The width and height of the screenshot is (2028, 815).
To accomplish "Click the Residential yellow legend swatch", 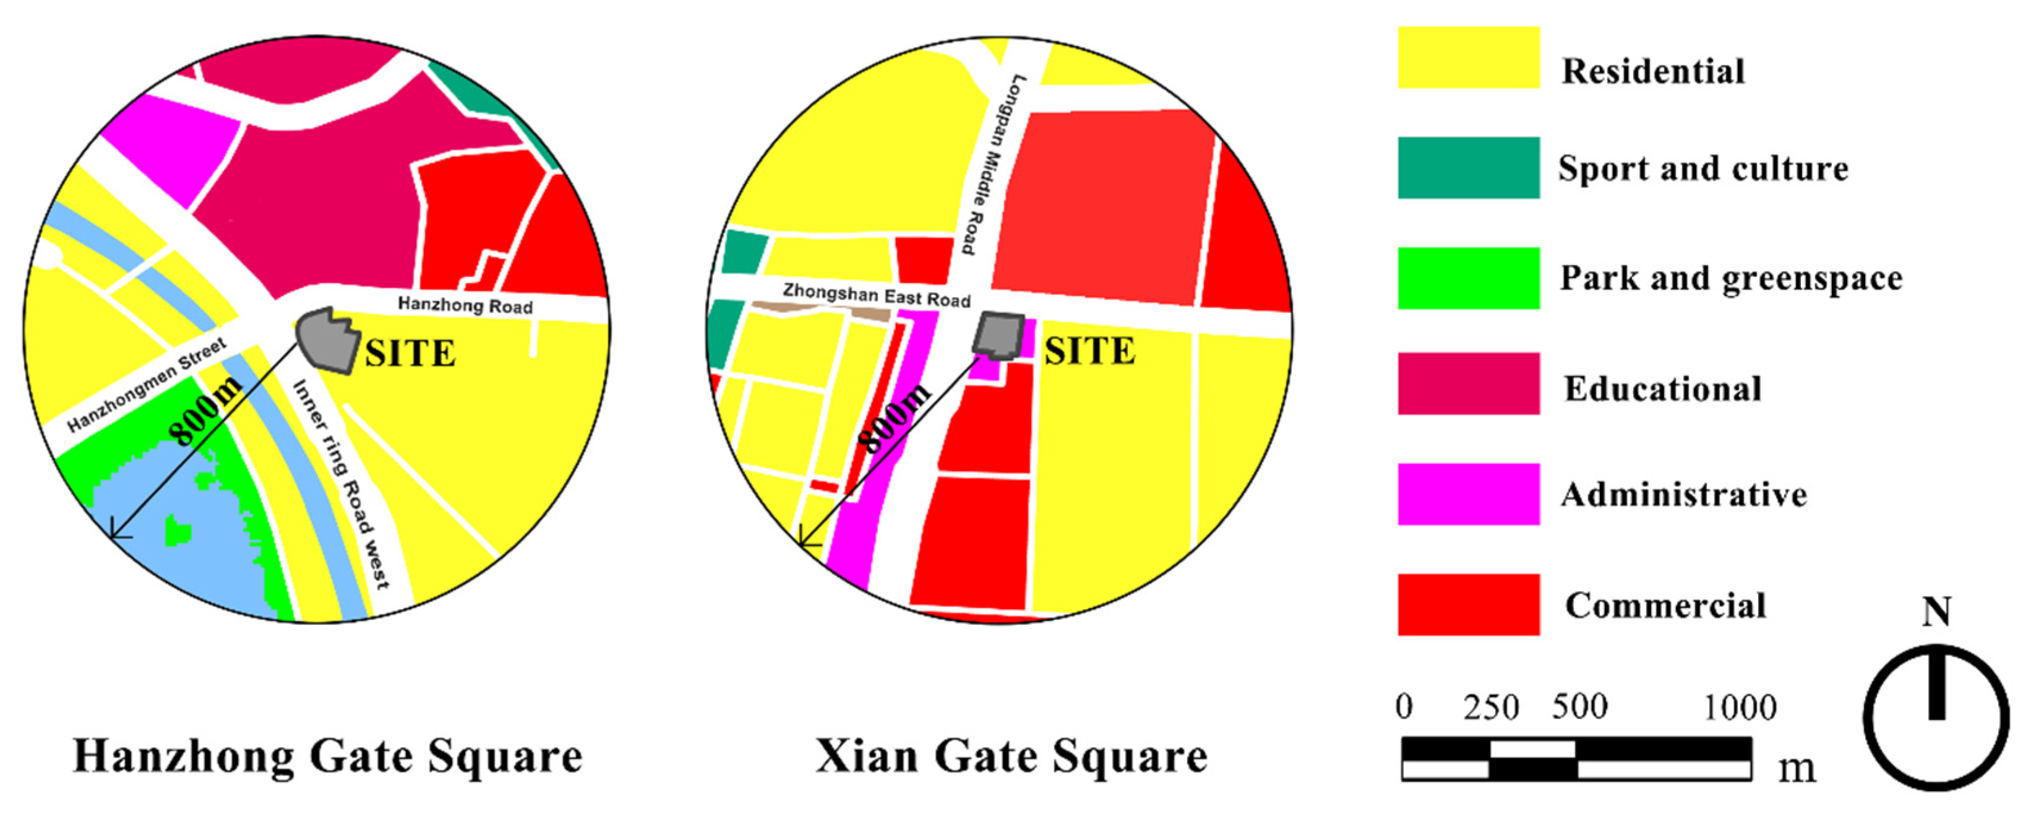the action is (1469, 58).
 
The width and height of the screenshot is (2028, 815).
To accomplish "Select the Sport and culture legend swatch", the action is (1469, 168).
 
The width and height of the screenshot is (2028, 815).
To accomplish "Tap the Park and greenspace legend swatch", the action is (1469, 278).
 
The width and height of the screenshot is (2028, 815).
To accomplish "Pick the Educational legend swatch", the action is (1469, 383).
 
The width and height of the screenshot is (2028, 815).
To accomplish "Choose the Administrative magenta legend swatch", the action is (1469, 494).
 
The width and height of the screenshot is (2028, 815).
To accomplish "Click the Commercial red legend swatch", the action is (1469, 604).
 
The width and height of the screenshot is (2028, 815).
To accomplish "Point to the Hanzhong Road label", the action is (464, 305).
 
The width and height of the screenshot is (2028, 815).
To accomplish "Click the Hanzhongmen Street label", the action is (147, 385).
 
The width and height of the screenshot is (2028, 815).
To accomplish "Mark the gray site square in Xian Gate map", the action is (998, 335).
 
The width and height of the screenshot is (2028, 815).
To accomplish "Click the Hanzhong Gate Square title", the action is (328, 757).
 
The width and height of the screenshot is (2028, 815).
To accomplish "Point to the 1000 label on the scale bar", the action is (1740, 708).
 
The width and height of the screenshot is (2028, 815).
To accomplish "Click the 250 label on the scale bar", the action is (1491, 708).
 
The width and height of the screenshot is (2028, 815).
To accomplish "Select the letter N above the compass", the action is (1936, 612).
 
